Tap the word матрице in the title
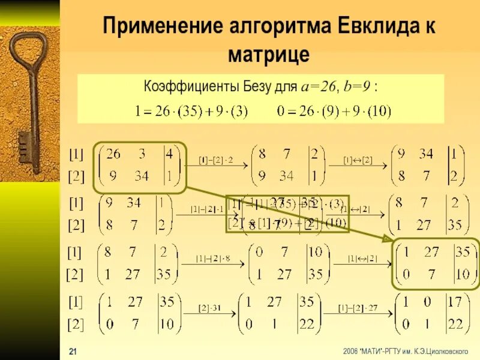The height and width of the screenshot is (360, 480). pos(269,55)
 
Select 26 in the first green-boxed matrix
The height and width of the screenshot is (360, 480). pos(112,154)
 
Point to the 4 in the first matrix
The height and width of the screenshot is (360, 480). pos(169,154)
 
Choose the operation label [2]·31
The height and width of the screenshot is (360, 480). pos(211,308)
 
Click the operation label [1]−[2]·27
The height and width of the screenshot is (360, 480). pos(358,308)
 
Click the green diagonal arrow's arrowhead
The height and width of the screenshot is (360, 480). pos(388,239)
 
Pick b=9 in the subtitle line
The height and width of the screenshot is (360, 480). pos(357,87)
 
